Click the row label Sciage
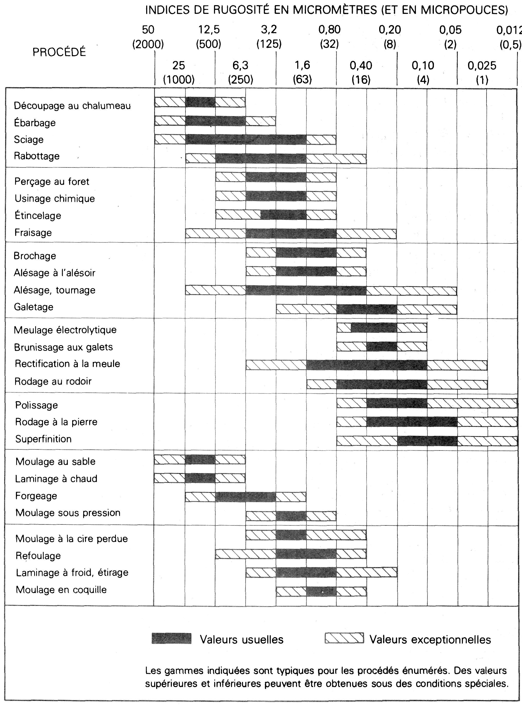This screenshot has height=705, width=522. [x=29, y=140]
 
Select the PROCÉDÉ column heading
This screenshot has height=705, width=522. [x=59, y=52]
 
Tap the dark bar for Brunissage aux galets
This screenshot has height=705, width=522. [x=382, y=346]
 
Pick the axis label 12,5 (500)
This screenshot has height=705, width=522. [x=209, y=36]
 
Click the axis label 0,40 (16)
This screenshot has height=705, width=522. [x=361, y=72]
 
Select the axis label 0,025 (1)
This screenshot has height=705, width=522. [x=482, y=72]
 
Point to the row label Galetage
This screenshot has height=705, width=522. [x=33, y=307]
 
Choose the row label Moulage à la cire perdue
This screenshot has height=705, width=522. [x=72, y=539]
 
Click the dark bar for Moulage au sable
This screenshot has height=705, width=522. [x=200, y=459]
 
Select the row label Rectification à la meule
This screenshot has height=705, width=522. [x=67, y=364]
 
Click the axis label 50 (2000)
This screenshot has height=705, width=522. [x=148, y=36]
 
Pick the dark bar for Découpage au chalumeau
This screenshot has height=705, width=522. [x=200, y=102]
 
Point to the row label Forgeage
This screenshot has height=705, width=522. [x=36, y=496]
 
